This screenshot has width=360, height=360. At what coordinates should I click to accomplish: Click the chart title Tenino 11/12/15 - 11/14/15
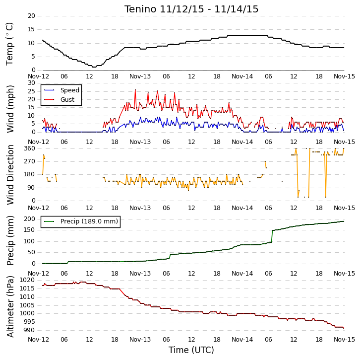pos(191,9)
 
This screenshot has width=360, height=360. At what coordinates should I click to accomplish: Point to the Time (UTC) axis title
pos(191,350)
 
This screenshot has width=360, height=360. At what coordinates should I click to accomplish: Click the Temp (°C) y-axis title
pos(9,44)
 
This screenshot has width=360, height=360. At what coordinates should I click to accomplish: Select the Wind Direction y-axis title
pos(10,175)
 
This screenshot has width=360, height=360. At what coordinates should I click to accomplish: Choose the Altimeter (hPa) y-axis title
pos(10,306)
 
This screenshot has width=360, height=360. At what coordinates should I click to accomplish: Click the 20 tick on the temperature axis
pos(31,16)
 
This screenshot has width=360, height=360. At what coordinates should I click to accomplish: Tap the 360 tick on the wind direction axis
pos(30,148)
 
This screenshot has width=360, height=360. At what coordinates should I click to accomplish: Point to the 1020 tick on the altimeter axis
pos(27,280)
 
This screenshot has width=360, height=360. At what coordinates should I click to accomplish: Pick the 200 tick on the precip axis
pos(30,219)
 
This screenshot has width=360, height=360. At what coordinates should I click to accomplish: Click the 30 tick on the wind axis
pos(31,83)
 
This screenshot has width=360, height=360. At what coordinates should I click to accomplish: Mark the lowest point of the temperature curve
pos(94,67)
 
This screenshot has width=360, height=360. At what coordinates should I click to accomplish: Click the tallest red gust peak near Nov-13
pos(135,90)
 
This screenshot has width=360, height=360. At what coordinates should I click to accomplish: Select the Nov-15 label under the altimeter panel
pos(344,339)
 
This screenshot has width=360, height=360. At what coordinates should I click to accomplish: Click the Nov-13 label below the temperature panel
pos(140,76)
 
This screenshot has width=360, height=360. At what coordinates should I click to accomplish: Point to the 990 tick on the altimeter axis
pos(29,330)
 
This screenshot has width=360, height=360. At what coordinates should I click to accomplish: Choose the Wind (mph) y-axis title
pos(10,109)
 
